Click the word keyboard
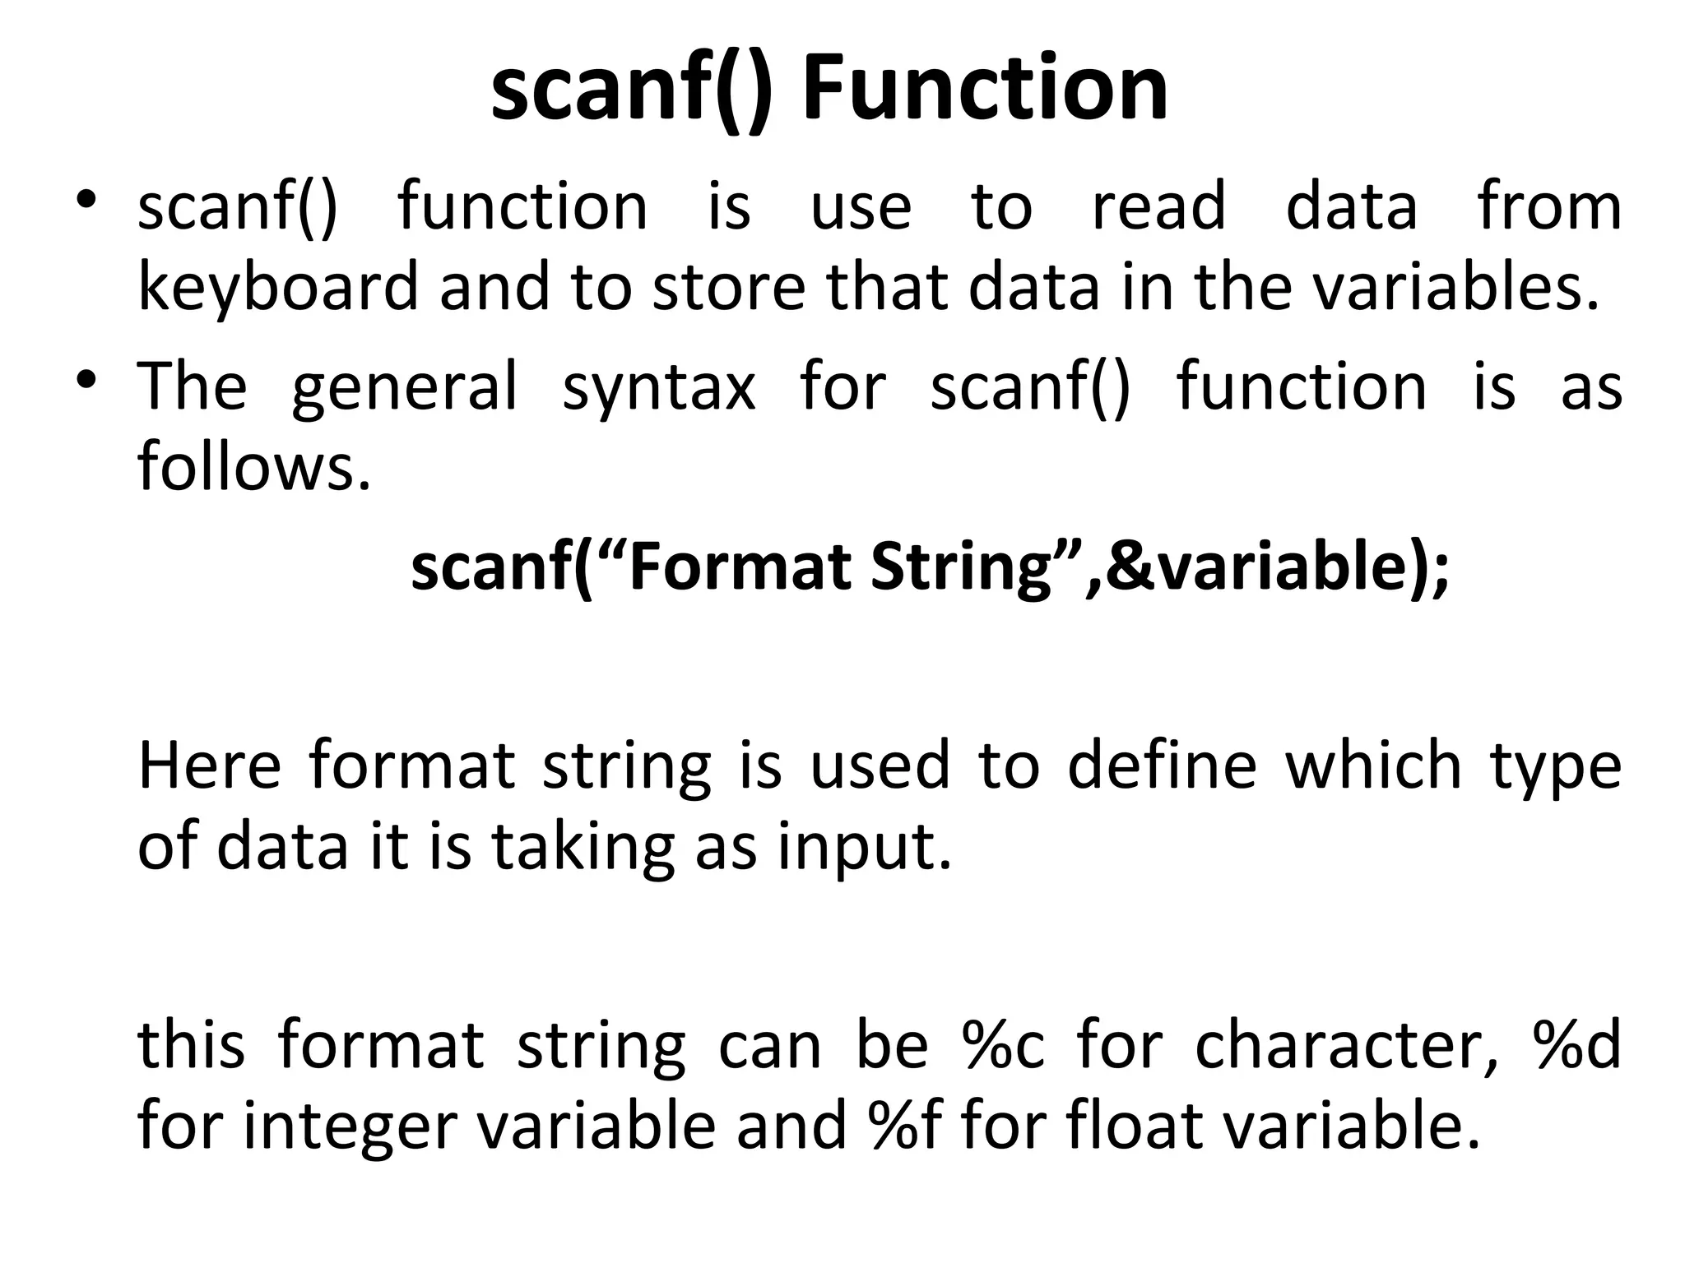click(278, 287)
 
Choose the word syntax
click(658, 386)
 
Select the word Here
click(209, 765)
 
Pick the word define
click(1162, 765)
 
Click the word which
click(1374, 765)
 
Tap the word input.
click(864, 847)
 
